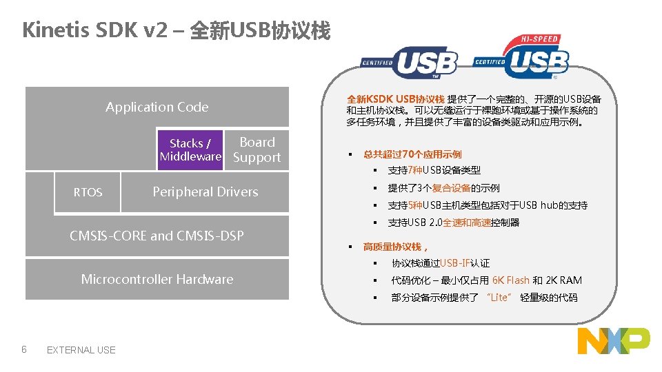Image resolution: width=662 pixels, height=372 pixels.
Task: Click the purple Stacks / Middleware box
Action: point(190,149)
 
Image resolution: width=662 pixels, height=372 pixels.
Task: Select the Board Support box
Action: point(257,149)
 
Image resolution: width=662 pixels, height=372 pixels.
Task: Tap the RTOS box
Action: point(88,192)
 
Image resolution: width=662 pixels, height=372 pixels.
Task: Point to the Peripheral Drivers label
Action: point(205,192)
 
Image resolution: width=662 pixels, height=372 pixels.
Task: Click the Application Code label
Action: point(157,107)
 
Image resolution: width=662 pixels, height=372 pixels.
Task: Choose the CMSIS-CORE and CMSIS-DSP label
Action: point(157,236)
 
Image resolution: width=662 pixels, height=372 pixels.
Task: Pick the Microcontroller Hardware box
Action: point(157,279)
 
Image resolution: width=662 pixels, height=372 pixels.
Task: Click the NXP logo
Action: point(613,341)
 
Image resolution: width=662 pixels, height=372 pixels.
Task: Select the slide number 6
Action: point(24,349)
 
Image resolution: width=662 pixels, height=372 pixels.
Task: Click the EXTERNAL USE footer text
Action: point(81,350)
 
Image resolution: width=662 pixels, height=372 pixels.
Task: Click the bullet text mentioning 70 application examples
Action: point(412,154)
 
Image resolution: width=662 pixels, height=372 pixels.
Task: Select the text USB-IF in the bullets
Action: point(456,263)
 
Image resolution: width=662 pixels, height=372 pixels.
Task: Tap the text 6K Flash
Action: point(511,280)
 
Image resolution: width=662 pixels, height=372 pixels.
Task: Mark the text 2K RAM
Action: point(563,280)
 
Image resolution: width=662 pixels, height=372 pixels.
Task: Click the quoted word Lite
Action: point(499,298)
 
